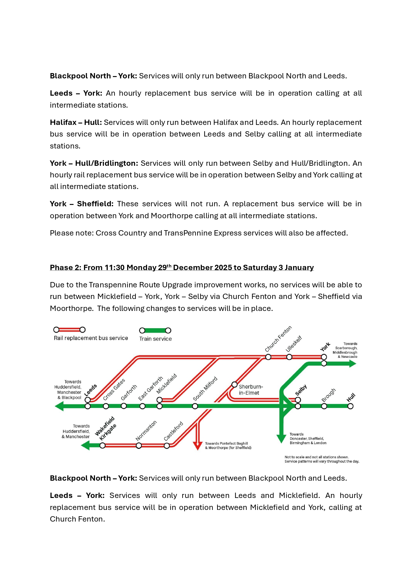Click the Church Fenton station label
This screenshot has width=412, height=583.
[x=278, y=339]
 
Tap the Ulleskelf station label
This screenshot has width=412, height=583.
[x=294, y=343]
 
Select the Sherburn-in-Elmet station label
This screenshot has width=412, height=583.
[x=251, y=390]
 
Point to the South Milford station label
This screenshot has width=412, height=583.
[x=205, y=388]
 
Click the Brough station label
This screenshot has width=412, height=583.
[x=328, y=395]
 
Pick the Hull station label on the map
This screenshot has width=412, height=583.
[x=351, y=397]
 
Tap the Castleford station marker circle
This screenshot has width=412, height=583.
[x=167, y=445]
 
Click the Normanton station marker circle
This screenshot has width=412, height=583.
[x=139, y=445]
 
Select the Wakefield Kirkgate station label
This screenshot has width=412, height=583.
[x=106, y=428]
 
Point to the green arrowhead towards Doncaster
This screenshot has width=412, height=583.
[x=281, y=438]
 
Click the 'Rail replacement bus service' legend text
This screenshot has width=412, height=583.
[x=91, y=338]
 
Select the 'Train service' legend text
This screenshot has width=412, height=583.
[x=155, y=339]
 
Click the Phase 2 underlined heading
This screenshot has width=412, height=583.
[x=182, y=267]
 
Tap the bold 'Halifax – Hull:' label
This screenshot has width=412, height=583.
[x=76, y=122]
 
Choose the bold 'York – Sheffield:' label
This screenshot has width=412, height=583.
[x=81, y=204]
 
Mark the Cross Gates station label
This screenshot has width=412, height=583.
[x=114, y=389]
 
